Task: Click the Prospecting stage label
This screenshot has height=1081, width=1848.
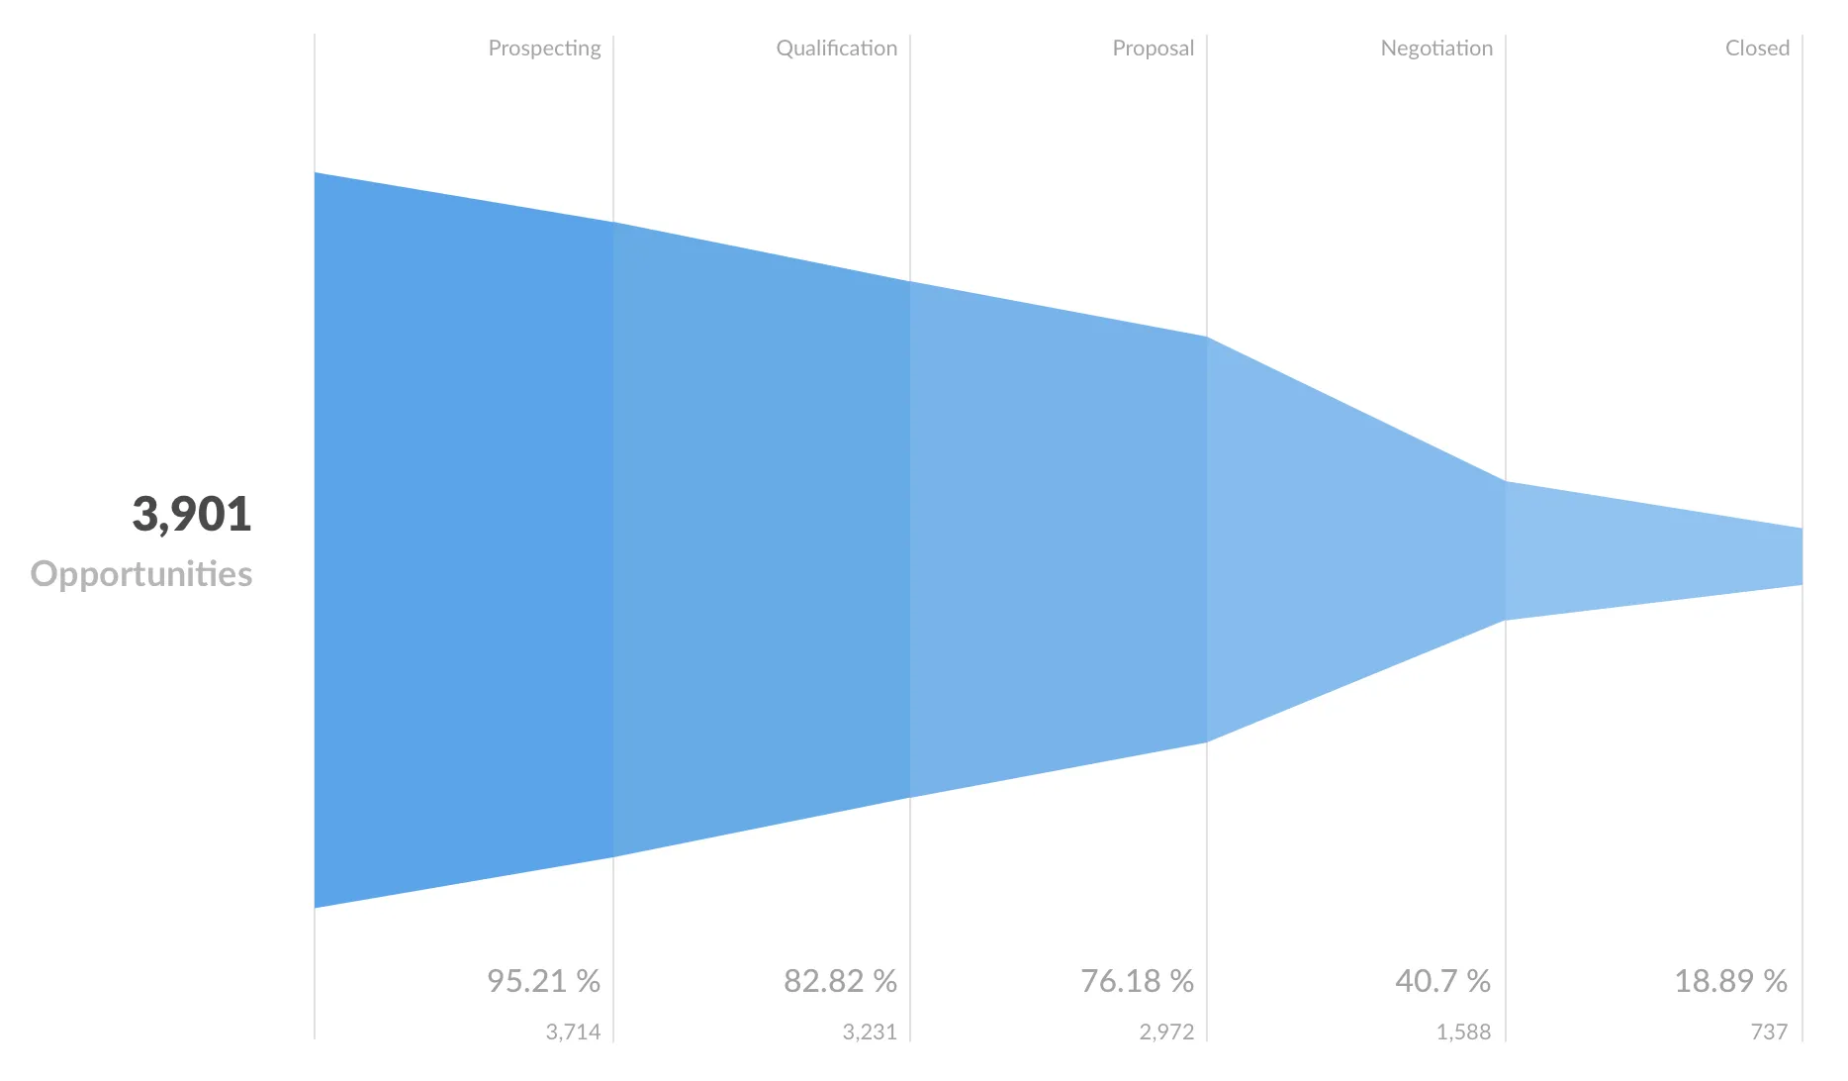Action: (544, 49)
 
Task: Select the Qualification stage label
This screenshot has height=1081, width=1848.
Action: (836, 49)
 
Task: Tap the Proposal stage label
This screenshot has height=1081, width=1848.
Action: (1153, 49)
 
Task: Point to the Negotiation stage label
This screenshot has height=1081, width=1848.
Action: (1436, 49)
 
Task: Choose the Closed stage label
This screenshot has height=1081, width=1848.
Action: (1757, 49)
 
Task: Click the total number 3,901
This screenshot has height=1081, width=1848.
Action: (192, 514)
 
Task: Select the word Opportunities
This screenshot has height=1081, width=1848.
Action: (141, 574)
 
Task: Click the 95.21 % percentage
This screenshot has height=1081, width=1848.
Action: (543, 981)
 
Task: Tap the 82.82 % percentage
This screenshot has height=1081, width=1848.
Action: (840, 981)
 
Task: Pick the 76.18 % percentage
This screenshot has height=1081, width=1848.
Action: (1137, 981)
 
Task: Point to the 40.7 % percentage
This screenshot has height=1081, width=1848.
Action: (1442, 981)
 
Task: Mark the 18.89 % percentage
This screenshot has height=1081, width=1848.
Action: (1730, 981)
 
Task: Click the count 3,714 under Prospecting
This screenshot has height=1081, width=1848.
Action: (573, 1032)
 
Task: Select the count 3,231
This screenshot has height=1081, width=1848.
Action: (870, 1032)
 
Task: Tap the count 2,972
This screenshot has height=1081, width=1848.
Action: (1166, 1032)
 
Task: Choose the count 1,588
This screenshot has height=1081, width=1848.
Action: (1463, 1032)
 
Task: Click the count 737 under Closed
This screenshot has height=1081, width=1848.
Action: (1769, 1032)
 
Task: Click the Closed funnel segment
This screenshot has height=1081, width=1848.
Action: (1652, 554)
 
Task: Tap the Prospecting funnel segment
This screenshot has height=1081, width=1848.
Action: (463, 540)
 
